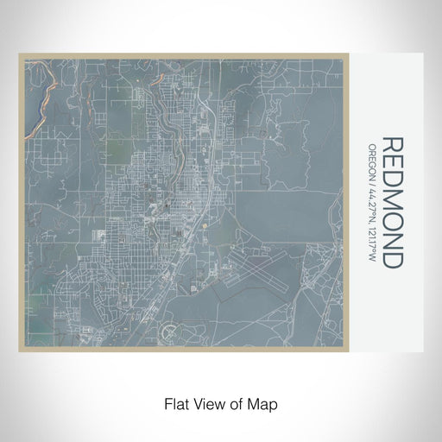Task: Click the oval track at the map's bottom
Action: (174, 330)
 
